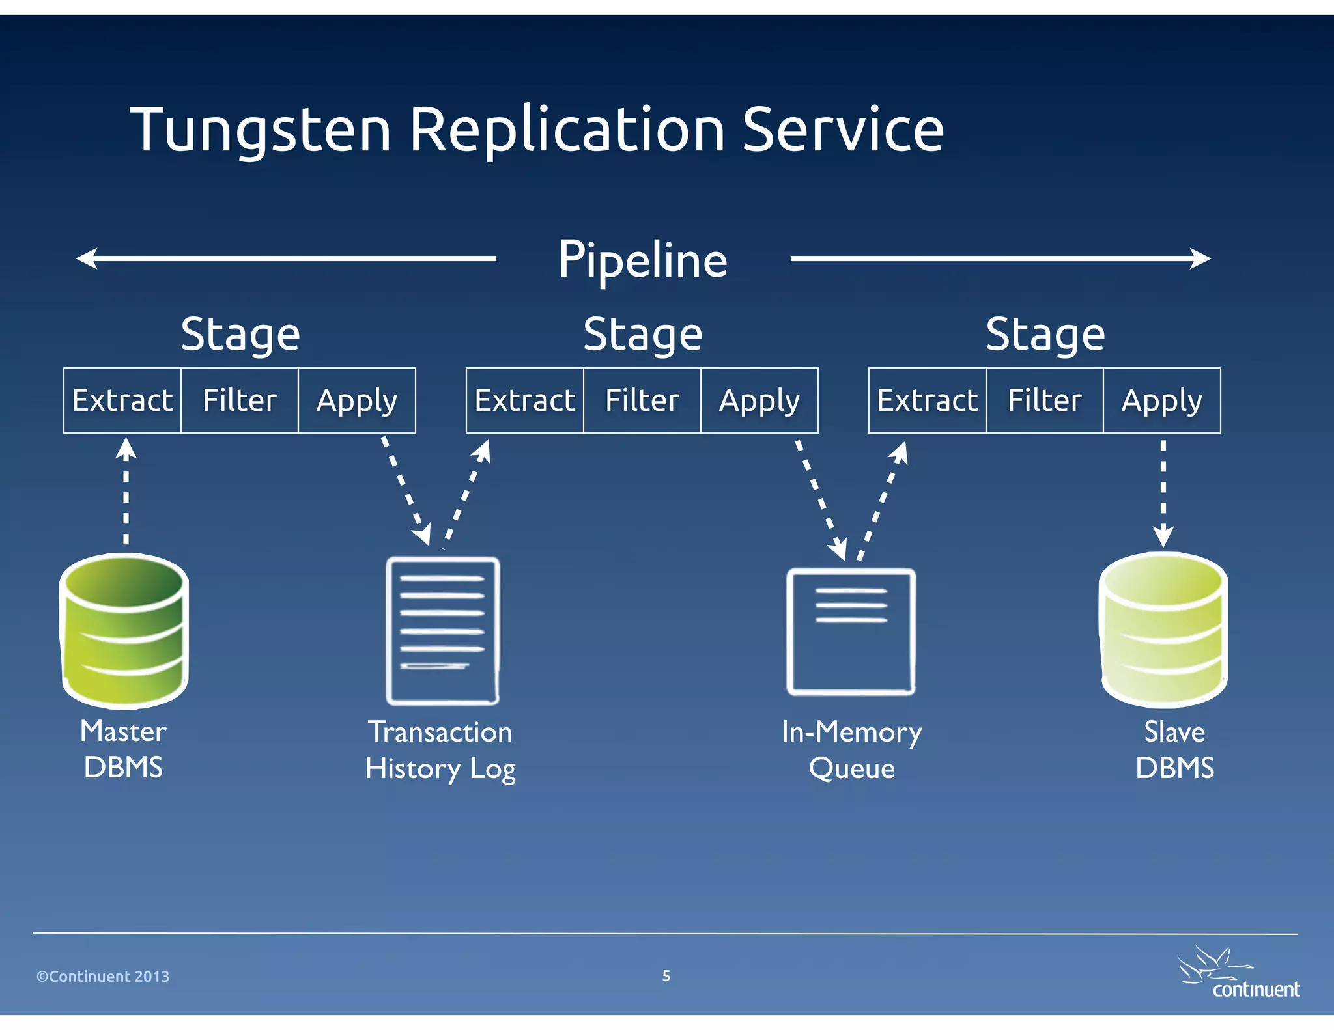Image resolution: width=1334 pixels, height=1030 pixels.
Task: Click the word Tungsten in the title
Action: click(x=261, y=130)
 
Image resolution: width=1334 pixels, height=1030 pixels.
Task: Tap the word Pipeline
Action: click(x=642, y=260)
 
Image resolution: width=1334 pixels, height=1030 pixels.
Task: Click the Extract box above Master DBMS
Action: click(x=122, y=400)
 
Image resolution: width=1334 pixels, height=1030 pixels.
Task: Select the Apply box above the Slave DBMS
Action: click(x=1161, y=400)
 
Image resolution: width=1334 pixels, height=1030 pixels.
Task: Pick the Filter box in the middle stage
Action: click(x=642, y=400)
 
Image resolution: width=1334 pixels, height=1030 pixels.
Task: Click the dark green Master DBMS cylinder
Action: click(x=124, y=630)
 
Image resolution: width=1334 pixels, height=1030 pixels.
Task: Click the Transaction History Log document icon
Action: click(x=442, y=630)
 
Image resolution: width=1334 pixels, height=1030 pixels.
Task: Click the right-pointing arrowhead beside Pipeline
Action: click(x=1200, y=258)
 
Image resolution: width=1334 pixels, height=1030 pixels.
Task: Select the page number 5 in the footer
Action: click(x=666, y=975)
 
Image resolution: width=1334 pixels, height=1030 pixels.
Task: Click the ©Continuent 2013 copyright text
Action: click(x=103, y=976)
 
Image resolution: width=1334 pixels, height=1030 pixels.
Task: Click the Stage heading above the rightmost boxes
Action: click(x=1045, y=334)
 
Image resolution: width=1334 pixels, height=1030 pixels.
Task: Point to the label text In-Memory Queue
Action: click(x=851, y=749)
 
